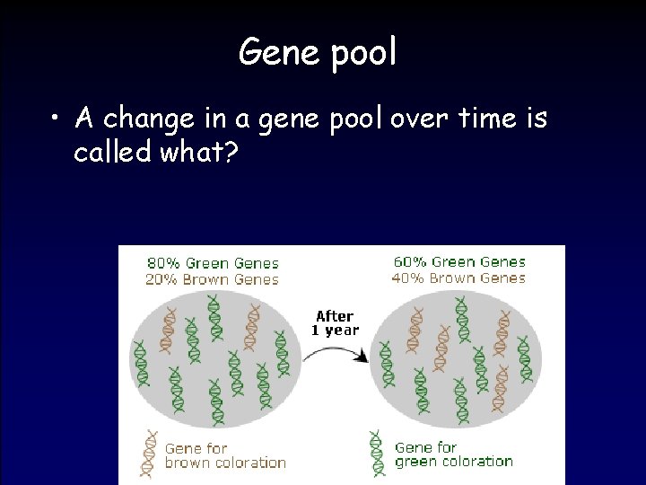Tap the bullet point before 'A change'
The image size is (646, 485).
pos(57,118)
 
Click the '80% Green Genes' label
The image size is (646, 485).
pos(213,263)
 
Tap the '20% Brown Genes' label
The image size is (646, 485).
pos(213,279)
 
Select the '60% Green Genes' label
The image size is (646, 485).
pos(459,261)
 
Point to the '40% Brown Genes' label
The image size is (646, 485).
pos(459,278)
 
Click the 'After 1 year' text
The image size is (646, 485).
pos(335,322)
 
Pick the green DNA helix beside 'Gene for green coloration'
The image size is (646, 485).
pos(377,452)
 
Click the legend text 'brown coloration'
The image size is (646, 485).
pos(225,463)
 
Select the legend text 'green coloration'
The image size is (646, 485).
pos(454,462)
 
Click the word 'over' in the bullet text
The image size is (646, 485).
pos(421,118)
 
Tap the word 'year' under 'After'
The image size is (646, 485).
pos(341,331)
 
